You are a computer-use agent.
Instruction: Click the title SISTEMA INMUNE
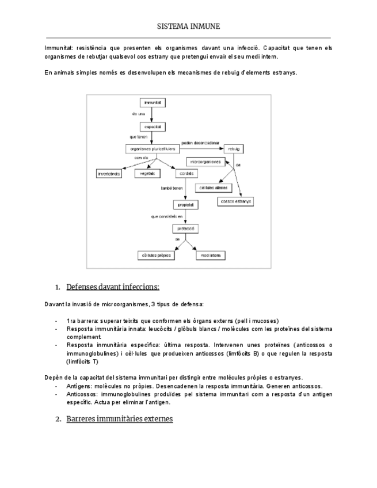coord(188,26)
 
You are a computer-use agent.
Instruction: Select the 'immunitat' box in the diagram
coord(152,102)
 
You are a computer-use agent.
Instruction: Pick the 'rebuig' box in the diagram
coord(234,148)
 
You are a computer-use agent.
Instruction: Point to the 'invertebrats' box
coord(109,173)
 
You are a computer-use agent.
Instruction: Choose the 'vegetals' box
coord(147,173)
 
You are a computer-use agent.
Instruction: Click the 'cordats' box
coord(185,173)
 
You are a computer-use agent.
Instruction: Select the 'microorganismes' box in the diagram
coord(204,162)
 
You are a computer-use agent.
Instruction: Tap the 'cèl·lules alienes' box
coord(212,188)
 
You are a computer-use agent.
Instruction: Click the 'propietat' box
coord(185,204)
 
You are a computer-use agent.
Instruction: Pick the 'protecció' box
coord(185,228)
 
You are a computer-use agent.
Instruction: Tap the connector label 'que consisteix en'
coord(166,216)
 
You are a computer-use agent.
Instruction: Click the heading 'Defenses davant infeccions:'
coord(113,287)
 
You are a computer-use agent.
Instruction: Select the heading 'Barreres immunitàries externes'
coord(119,419)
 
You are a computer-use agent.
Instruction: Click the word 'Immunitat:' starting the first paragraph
coord(59,48)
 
